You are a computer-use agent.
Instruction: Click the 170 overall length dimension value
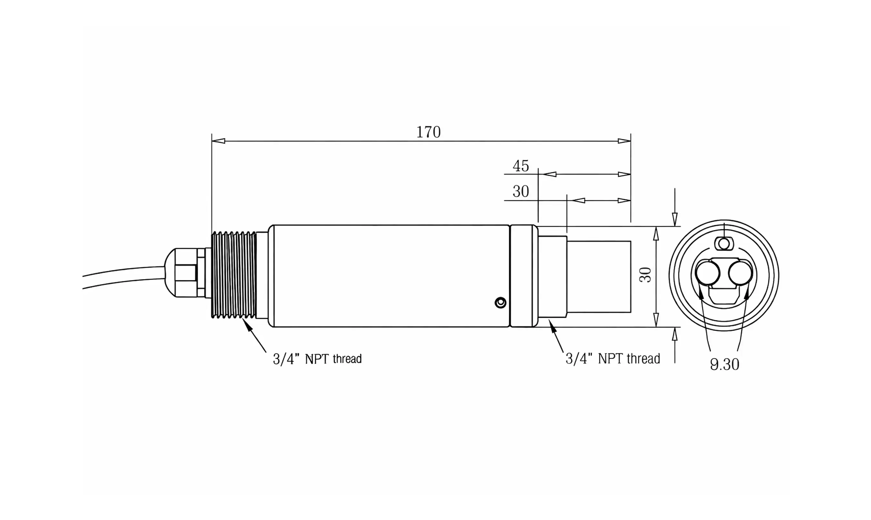428,132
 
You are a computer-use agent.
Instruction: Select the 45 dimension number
521,166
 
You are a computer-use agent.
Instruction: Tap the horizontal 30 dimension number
521,192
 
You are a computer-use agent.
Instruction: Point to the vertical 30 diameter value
646,275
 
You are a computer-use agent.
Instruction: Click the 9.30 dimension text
725,365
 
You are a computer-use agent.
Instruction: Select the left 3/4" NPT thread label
317,359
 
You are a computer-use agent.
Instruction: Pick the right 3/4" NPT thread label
612,359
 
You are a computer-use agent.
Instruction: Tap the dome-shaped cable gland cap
170,273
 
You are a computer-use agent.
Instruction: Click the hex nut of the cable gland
186,273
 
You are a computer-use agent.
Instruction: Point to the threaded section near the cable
234,275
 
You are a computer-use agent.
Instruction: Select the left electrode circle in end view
708,273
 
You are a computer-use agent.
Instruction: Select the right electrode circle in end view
740,273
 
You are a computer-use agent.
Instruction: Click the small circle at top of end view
724,244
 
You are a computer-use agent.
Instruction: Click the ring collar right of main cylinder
524,276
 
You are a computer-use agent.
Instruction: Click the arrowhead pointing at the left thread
247,325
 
